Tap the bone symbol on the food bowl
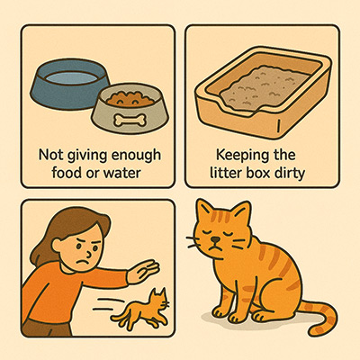[x=130, y=120]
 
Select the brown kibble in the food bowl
[x=130, y=99]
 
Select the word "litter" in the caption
[x=223, y=173]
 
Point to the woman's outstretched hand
[x=143, y=271]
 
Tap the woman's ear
[x=57, y=245]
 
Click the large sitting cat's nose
[x=214, y=239]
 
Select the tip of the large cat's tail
[x=314, y=331]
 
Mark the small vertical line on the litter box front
[x=278, y=125]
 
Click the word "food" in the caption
[x=67, y=173]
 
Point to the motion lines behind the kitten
[x=110, y=303]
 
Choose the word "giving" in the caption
[x=86, y=156]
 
